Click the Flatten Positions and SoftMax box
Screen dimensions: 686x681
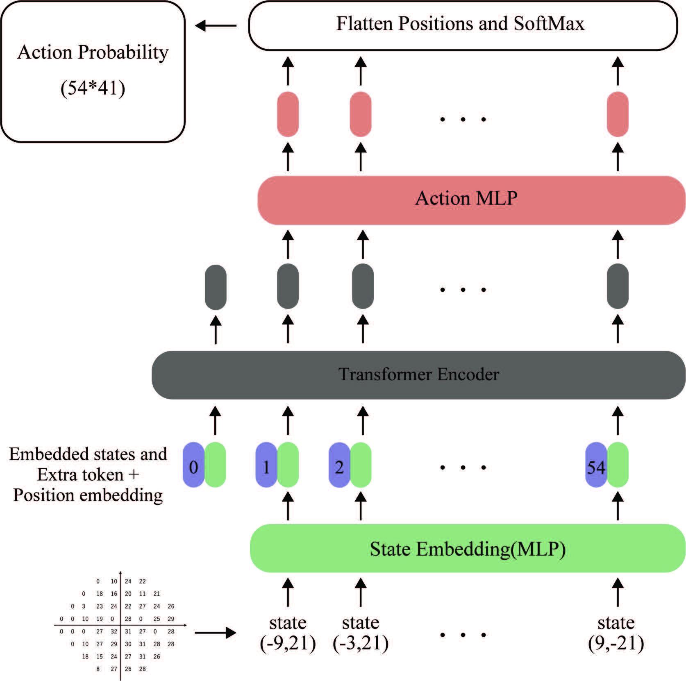click(463, 25)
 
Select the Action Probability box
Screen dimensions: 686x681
click(93, 72)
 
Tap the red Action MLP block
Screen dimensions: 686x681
click(471, 200)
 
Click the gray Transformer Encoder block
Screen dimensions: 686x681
click(418, 375)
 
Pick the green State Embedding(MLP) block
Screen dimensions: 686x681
click(468, 548)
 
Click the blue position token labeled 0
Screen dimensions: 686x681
click(193, 465)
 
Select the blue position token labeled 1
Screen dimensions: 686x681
click(266, 465)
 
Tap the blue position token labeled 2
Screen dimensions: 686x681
click(339, 465)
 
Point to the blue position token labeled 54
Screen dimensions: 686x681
click(596, 465)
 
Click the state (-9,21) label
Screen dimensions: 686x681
click(288, 633)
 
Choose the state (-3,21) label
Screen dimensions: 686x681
click(361, 633)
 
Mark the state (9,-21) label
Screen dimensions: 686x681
click(616, 633)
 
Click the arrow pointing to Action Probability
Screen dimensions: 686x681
click(216, 26)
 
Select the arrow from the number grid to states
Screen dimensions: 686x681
click(216, 633)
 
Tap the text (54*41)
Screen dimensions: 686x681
click(93, 88)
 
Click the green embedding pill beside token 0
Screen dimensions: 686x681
click(215, 465)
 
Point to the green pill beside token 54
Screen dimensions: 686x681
click(618, 465)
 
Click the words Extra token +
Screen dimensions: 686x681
click(88, 474)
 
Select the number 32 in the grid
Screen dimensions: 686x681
click(114, 631)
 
